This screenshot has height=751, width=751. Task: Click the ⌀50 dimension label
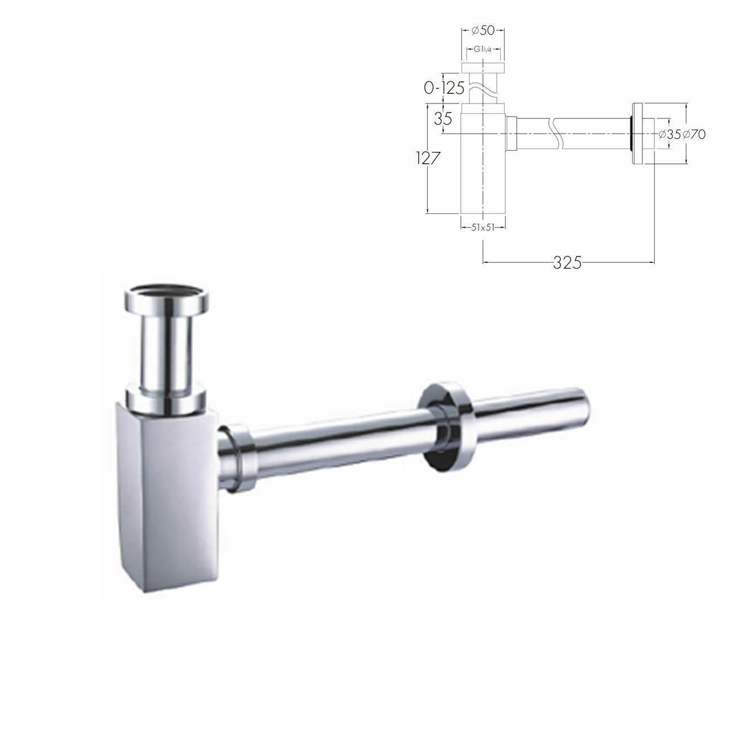pyautogui.click(x=483, y=31)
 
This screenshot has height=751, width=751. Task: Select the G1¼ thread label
pyautogui.click(x=483, y=49)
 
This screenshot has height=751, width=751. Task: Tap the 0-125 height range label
pyautogui.click(x=444, y=88)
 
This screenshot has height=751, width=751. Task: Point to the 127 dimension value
pyautogui.click(x=428, y=158)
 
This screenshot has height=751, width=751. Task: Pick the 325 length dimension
pyautogui.click(x=567, y=262)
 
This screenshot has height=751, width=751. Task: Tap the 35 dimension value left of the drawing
pyautogui.click(x=443, y=119)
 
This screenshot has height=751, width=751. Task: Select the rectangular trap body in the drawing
pyautogui.click(x=482, y=165)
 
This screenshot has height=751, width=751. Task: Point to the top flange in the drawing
pyautogui.click(x=482, y=68)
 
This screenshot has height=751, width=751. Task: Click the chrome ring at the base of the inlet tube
pyautogui.click(x=167, y=398)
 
